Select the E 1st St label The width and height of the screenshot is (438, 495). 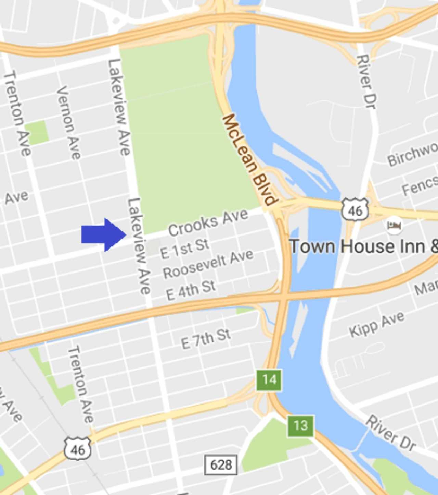(184, 249)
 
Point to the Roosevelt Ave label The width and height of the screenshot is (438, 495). (208, 264)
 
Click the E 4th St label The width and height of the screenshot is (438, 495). (191, 290)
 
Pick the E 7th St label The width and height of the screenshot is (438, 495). (206, 339)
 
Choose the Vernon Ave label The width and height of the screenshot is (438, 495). (69, 123)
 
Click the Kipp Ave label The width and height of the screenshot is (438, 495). (377, 324)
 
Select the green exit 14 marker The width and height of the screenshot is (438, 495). (269, 380)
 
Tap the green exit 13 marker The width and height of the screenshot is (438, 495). (300, 426)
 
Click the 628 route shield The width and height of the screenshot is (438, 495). (221, 465)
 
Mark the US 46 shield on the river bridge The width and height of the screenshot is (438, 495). (355, 209)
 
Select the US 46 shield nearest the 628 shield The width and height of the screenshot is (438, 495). (78, 449)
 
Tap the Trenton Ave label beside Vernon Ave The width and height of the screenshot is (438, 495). (17, 113)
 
